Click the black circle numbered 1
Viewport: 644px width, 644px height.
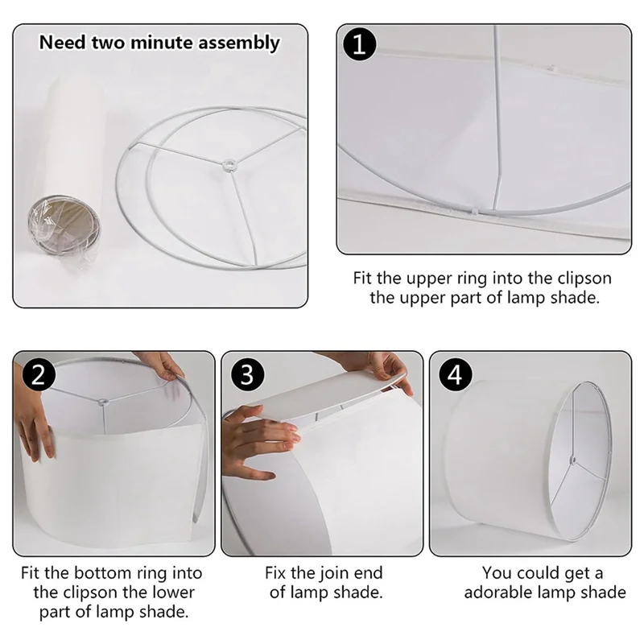coord(359,44)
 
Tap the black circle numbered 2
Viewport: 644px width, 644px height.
coord(39,374)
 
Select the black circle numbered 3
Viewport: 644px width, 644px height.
coord(247,374)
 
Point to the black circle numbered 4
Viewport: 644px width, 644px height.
coord(456,374)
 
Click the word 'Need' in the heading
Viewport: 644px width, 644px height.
coord(63,43)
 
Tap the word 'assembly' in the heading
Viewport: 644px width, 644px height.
coord(239,43)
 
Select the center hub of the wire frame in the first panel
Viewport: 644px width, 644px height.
coord(229,165)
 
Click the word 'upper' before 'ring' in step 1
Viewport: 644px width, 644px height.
coord(431,279)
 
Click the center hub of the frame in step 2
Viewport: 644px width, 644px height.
coord(101,401)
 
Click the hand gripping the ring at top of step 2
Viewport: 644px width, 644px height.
coord(163,365)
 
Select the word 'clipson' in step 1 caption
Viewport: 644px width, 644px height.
coord(584,279)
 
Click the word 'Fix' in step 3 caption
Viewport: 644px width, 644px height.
coord(275,573)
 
